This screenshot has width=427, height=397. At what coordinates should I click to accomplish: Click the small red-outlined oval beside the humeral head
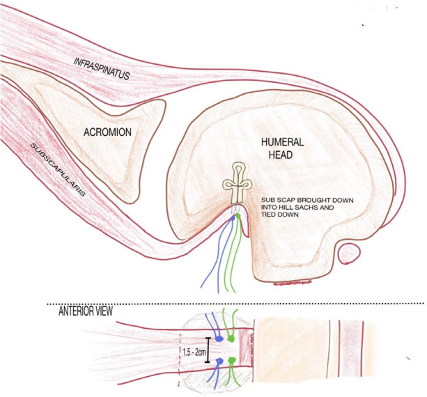pyautogui.click(x=350, y=249)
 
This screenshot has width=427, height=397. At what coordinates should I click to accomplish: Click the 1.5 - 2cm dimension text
pyautogui.click(x=194, y=355)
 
